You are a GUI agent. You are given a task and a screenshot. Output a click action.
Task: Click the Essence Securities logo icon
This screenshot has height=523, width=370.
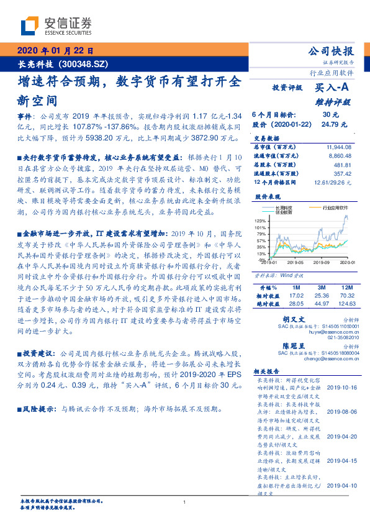[30, 25]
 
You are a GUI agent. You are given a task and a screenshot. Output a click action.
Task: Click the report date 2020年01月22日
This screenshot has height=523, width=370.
[55, 51]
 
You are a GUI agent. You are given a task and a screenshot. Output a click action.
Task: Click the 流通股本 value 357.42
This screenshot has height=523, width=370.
[342, 174]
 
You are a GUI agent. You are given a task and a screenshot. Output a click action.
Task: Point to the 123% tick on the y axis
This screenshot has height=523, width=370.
[260, 221]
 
